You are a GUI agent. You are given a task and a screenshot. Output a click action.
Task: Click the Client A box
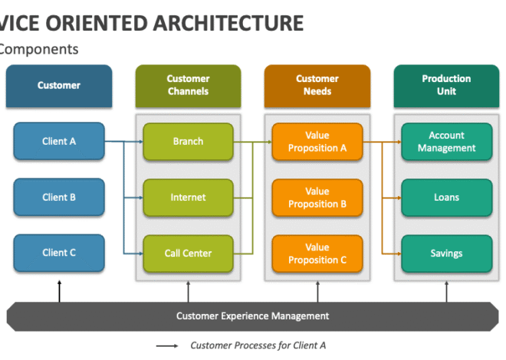click(59, 141)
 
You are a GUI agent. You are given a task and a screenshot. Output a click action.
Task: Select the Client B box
click(59, 197)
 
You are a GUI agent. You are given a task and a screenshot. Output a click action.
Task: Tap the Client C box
click(59, 253)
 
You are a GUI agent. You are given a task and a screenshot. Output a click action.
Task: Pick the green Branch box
click(188, 141)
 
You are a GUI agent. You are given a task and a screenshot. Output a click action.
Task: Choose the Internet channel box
click(188, 197)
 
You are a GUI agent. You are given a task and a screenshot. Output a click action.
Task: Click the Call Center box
click(188, 253)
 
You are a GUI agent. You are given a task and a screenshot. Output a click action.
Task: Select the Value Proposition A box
click(317, 141)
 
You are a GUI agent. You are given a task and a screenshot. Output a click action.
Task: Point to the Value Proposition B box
click(317, 197)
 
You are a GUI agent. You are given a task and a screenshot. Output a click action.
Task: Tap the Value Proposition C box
click(317, 253)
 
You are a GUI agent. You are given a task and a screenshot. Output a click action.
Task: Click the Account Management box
click(446, 141)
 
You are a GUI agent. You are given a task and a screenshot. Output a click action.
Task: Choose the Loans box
click(446, 197)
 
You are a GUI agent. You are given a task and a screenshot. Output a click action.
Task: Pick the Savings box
click(446, 253)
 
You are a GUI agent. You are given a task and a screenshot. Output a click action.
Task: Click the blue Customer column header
click(59, 85)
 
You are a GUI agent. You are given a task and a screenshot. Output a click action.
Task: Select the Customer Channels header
click(188, 85)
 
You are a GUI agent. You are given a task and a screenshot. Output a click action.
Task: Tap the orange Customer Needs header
click(317, 85)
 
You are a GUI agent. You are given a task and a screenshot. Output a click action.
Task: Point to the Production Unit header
click(446, 85)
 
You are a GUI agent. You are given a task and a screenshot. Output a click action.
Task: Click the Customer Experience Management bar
click(252, 316)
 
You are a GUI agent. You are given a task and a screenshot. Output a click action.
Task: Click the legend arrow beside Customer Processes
click(168, 345)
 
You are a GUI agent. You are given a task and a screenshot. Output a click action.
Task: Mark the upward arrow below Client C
click(59, 291)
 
